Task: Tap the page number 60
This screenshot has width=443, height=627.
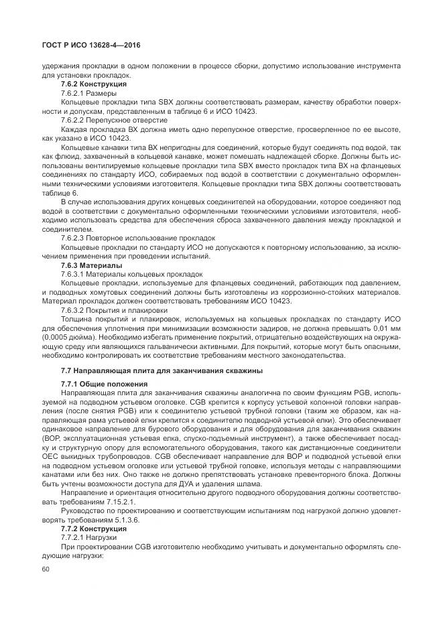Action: tap(46, 569)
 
